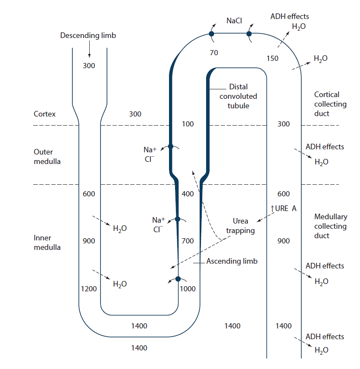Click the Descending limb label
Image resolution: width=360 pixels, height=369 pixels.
point(88,35)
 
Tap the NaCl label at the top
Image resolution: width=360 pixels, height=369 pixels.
point(234,21)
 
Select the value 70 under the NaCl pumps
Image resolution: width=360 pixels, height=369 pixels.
point(214,53)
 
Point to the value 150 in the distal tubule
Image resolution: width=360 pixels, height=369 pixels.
point(272,58)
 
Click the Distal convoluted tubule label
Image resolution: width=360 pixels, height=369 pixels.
point(238,96)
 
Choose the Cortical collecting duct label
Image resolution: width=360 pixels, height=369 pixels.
point(330,104)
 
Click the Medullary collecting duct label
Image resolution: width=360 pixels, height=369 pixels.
point(330,226)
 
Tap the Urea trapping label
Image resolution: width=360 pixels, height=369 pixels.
point(241,226)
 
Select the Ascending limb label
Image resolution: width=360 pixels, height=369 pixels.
point(232,261)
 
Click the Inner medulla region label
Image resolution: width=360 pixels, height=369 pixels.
point(47,243)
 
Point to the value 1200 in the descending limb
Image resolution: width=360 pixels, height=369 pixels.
point(89,289)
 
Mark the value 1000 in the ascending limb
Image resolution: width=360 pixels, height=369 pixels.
point(188,289)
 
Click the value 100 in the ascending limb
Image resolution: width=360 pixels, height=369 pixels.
point(188,124)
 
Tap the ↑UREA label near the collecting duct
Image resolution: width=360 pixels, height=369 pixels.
point(283,208)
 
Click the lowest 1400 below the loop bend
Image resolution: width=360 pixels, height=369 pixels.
point(139,348)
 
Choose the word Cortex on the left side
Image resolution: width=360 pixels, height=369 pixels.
point(45,114)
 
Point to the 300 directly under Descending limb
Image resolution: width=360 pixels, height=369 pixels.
point(89,66)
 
